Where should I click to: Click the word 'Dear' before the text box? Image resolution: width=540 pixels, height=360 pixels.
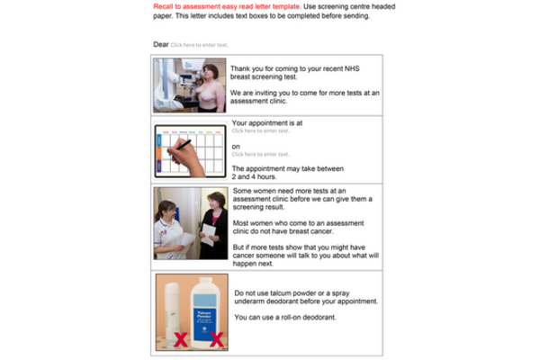coord(160,44)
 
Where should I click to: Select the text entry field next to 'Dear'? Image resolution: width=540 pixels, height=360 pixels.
coord(199,45)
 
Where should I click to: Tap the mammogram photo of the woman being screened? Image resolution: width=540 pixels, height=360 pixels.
coord(188,85)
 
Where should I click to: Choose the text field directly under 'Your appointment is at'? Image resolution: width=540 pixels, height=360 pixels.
coord(260,131)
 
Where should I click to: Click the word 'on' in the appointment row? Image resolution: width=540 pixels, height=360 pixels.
coord(236,146)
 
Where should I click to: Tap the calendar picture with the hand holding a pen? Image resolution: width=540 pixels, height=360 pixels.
coord(188,149)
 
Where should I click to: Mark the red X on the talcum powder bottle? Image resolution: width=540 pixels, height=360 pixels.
coord(216,340)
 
